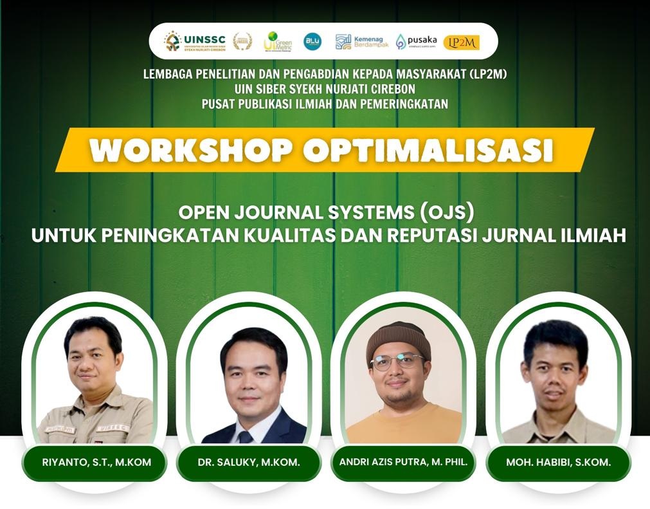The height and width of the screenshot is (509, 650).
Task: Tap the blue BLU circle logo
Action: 312,41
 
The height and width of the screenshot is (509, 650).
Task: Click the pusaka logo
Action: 416,42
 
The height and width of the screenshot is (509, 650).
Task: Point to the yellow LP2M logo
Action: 461,42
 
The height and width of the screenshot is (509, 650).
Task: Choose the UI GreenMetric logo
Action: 277,41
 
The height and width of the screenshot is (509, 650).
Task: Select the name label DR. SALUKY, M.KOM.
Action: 249,463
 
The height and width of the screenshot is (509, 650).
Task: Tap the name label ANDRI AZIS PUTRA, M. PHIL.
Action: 402,463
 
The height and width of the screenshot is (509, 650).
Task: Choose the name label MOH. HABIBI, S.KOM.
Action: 557,463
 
